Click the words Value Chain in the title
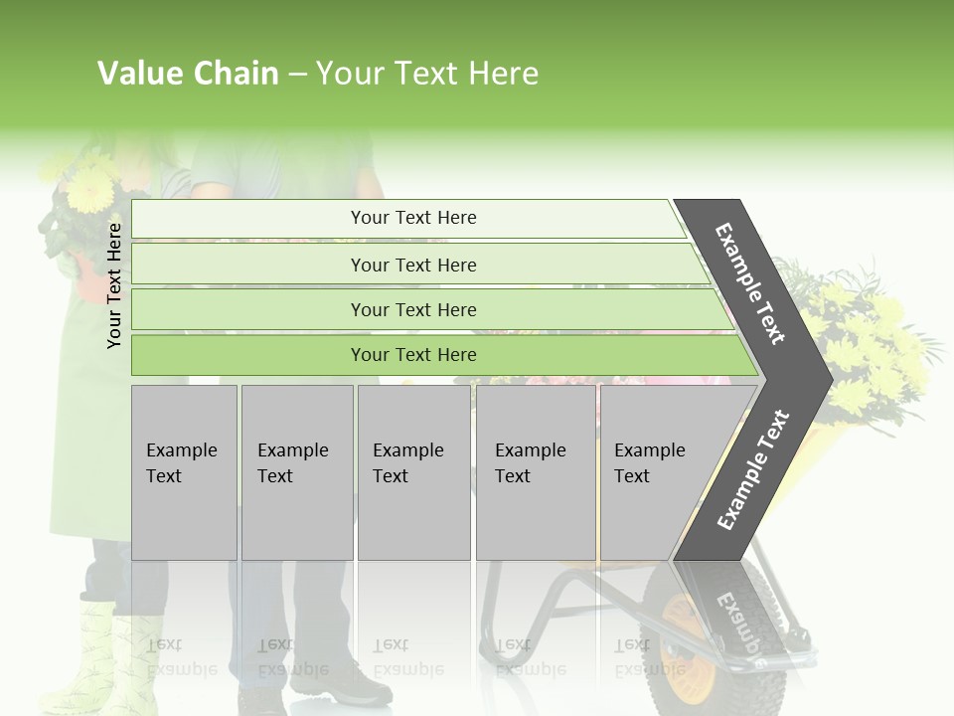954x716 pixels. pos(188,74)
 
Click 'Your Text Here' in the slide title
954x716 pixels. pos(427,74)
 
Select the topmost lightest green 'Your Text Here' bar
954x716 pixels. pos(413,218)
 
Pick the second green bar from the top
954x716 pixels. pos(413,265)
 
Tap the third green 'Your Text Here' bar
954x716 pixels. pos(413,309)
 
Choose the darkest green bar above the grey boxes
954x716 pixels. pos(413,355)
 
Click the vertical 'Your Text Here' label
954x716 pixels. pos(114,285)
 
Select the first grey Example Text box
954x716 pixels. pos(184,472)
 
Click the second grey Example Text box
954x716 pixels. pos(296,472)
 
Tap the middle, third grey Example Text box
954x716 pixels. pos(412,472)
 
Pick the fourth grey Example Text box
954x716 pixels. pos(535,472)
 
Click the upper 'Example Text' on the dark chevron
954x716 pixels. pos(750,283)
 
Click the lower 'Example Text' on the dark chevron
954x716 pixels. pos(753,469)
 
